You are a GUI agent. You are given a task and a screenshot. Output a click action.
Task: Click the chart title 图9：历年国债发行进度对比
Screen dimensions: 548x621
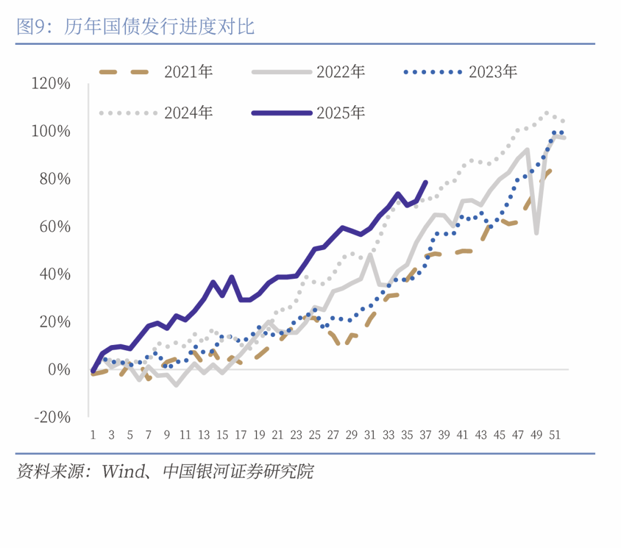(x=136, y=27)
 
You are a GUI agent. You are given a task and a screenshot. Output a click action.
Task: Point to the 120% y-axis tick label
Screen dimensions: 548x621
(x=52, y=84)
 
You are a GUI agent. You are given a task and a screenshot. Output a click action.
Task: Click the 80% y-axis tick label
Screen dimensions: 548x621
(x=55, y=179)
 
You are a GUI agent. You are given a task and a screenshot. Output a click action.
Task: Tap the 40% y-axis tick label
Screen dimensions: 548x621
(x=55, y=274)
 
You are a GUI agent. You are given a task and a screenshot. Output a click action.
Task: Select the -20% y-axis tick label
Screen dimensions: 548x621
(x=52, y=416)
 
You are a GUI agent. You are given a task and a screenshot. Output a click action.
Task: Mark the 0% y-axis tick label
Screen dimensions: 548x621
(x=59, y=369)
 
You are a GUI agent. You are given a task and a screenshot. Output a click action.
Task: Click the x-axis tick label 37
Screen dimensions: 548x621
(x=425, y=435)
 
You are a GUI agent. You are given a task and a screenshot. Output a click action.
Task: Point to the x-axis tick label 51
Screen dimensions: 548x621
(x=555, y=435)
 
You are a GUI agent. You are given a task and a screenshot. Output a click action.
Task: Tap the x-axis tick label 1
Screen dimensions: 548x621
(x=93, y=435)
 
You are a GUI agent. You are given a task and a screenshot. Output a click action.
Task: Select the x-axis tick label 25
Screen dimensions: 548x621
(x=315, y=435)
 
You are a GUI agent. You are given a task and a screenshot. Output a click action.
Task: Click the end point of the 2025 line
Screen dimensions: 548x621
(x=425, y=182)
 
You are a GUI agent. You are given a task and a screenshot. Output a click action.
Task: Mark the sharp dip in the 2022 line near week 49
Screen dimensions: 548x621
(x=536, y=233)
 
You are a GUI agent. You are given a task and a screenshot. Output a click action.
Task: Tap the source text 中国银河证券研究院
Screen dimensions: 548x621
(x=238, y=472)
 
